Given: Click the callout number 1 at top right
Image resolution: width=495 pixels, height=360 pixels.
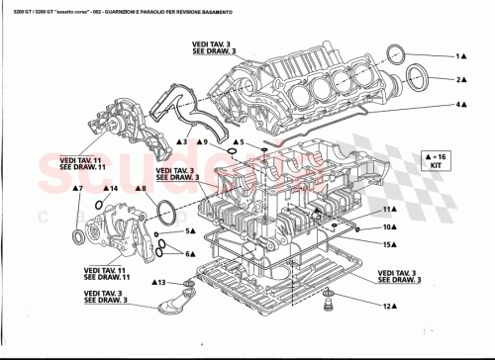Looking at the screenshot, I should coord(458,56).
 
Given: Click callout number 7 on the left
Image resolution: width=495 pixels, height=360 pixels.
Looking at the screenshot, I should coord(75,187).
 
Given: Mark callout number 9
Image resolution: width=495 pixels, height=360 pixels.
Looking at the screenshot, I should coord(203,143).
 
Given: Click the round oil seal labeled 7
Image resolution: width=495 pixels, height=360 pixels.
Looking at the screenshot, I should coord(80,236).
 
